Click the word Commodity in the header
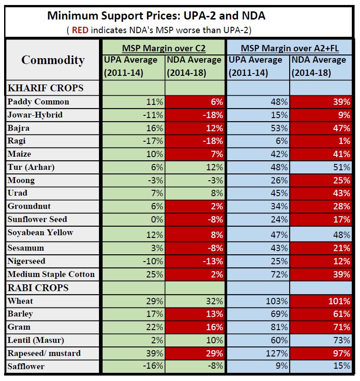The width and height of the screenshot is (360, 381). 53,60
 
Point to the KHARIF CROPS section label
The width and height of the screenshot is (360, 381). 46,87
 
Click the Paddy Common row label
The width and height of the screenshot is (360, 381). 39,102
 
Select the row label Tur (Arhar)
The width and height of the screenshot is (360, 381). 31,167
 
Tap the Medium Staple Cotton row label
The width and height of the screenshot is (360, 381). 51,274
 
